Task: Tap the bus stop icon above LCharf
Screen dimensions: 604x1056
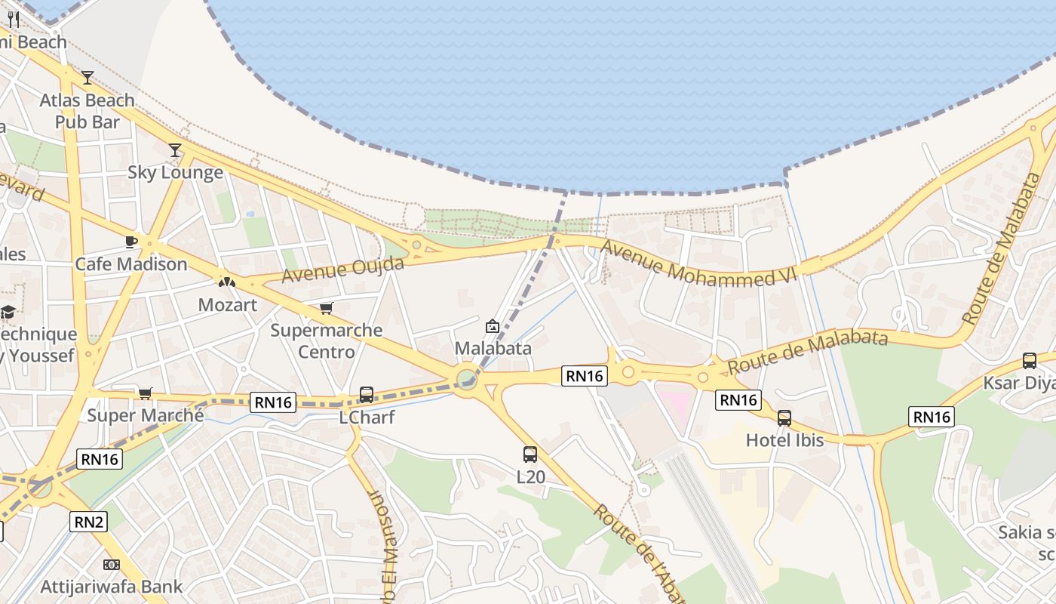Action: pos(367,394)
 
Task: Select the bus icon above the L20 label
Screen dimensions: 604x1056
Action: pos(530,454)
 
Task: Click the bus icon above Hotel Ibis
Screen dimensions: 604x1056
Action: pos(784,418)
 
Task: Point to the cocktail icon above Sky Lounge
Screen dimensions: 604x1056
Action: pos(175,150)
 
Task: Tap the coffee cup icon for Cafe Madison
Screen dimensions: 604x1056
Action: pos(131,242)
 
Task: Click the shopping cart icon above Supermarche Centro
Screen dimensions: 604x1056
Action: pos(327,308)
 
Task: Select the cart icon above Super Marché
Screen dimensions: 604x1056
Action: pos(146,393)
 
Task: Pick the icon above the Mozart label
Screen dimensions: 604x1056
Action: pos(227,282)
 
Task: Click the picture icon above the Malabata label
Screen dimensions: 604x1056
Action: pos(493,326)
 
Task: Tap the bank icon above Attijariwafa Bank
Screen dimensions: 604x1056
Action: pos(111,564)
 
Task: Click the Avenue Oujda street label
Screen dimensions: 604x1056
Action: pos(343,270)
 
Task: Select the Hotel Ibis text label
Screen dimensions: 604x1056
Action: pos(784,439)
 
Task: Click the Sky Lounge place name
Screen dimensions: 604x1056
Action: pos(175,172)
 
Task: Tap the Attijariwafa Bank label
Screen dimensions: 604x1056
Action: pos(111,587)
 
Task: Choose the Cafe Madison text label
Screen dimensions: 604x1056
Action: pos(131,264)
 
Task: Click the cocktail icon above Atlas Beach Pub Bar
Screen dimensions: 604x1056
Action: pos(87,77)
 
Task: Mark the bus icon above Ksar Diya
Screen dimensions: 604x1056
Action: pos(1029,361)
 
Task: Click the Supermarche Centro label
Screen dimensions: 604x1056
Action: pos(327,341)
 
